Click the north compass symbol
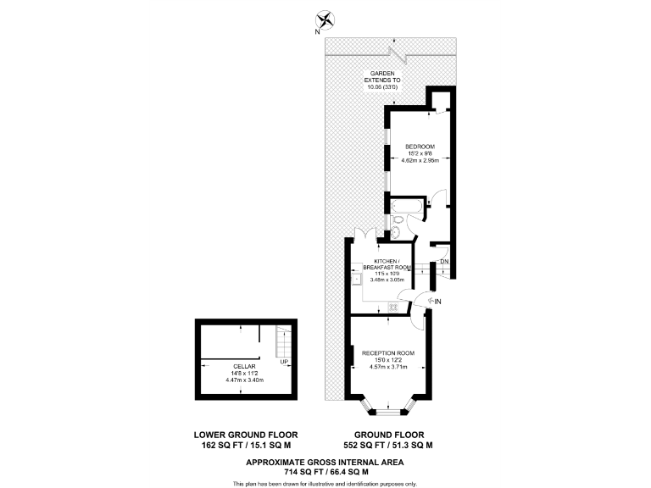pyautogui.click(x=325, y=19)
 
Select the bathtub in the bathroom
pyautogui.click(x=405, y=205)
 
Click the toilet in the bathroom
pyautogui.click(x=397, y=230)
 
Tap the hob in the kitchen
pyautogui.click(x=392, y=307)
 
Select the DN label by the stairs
pyautogui.click(x=444, y=261)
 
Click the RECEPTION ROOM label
pyautogui.click(x=388, y=352)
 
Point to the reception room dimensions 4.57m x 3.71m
pyautogui.click(x=388, y=367)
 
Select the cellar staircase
pyautogui.click(x=284, y=345)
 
